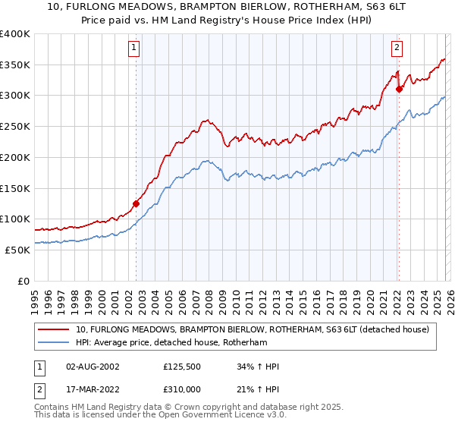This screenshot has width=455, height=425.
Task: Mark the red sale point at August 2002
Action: pos(136,203)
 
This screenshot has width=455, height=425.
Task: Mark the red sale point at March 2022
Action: pos(399,89)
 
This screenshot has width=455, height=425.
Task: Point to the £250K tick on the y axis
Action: pos(15,127)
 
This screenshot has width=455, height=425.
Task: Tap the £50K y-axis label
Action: pos(17,250)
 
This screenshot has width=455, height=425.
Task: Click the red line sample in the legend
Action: pos(54,329)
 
